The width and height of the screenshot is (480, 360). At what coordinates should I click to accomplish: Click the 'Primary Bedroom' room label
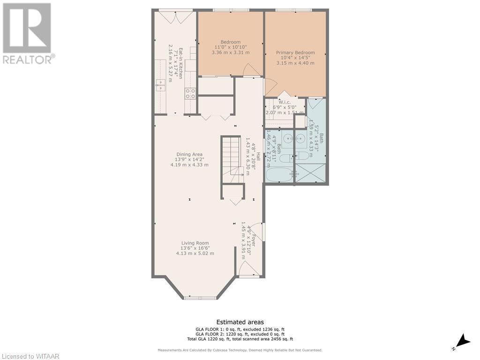(x=295, y=52)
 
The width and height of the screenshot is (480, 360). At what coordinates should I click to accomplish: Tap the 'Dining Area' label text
(x=189, y=154)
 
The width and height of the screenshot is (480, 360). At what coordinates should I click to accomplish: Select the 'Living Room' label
(x=195, y=243)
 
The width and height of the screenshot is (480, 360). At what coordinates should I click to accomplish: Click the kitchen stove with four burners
(x=190, y=93)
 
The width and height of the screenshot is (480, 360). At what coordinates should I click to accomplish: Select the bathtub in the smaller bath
(x=279, y=175)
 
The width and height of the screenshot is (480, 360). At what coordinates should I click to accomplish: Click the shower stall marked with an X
(x=310, y=172)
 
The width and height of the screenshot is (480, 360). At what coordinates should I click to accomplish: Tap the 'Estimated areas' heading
(x=240, y=322)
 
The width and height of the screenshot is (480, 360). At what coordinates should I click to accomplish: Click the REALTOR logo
(x=28, y=33)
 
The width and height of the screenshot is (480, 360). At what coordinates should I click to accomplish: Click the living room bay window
(x=200, y=297)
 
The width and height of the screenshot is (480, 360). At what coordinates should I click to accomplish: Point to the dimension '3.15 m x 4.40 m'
(x=295, y=63)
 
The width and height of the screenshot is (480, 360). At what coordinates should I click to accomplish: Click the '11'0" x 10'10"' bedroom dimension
(x=230, y=47)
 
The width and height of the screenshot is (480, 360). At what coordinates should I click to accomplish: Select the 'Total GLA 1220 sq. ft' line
(x=240, y=339)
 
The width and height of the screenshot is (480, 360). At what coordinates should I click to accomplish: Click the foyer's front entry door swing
(x=247, y=269)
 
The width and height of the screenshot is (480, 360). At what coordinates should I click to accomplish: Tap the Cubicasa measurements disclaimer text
(x=240, y=350)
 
